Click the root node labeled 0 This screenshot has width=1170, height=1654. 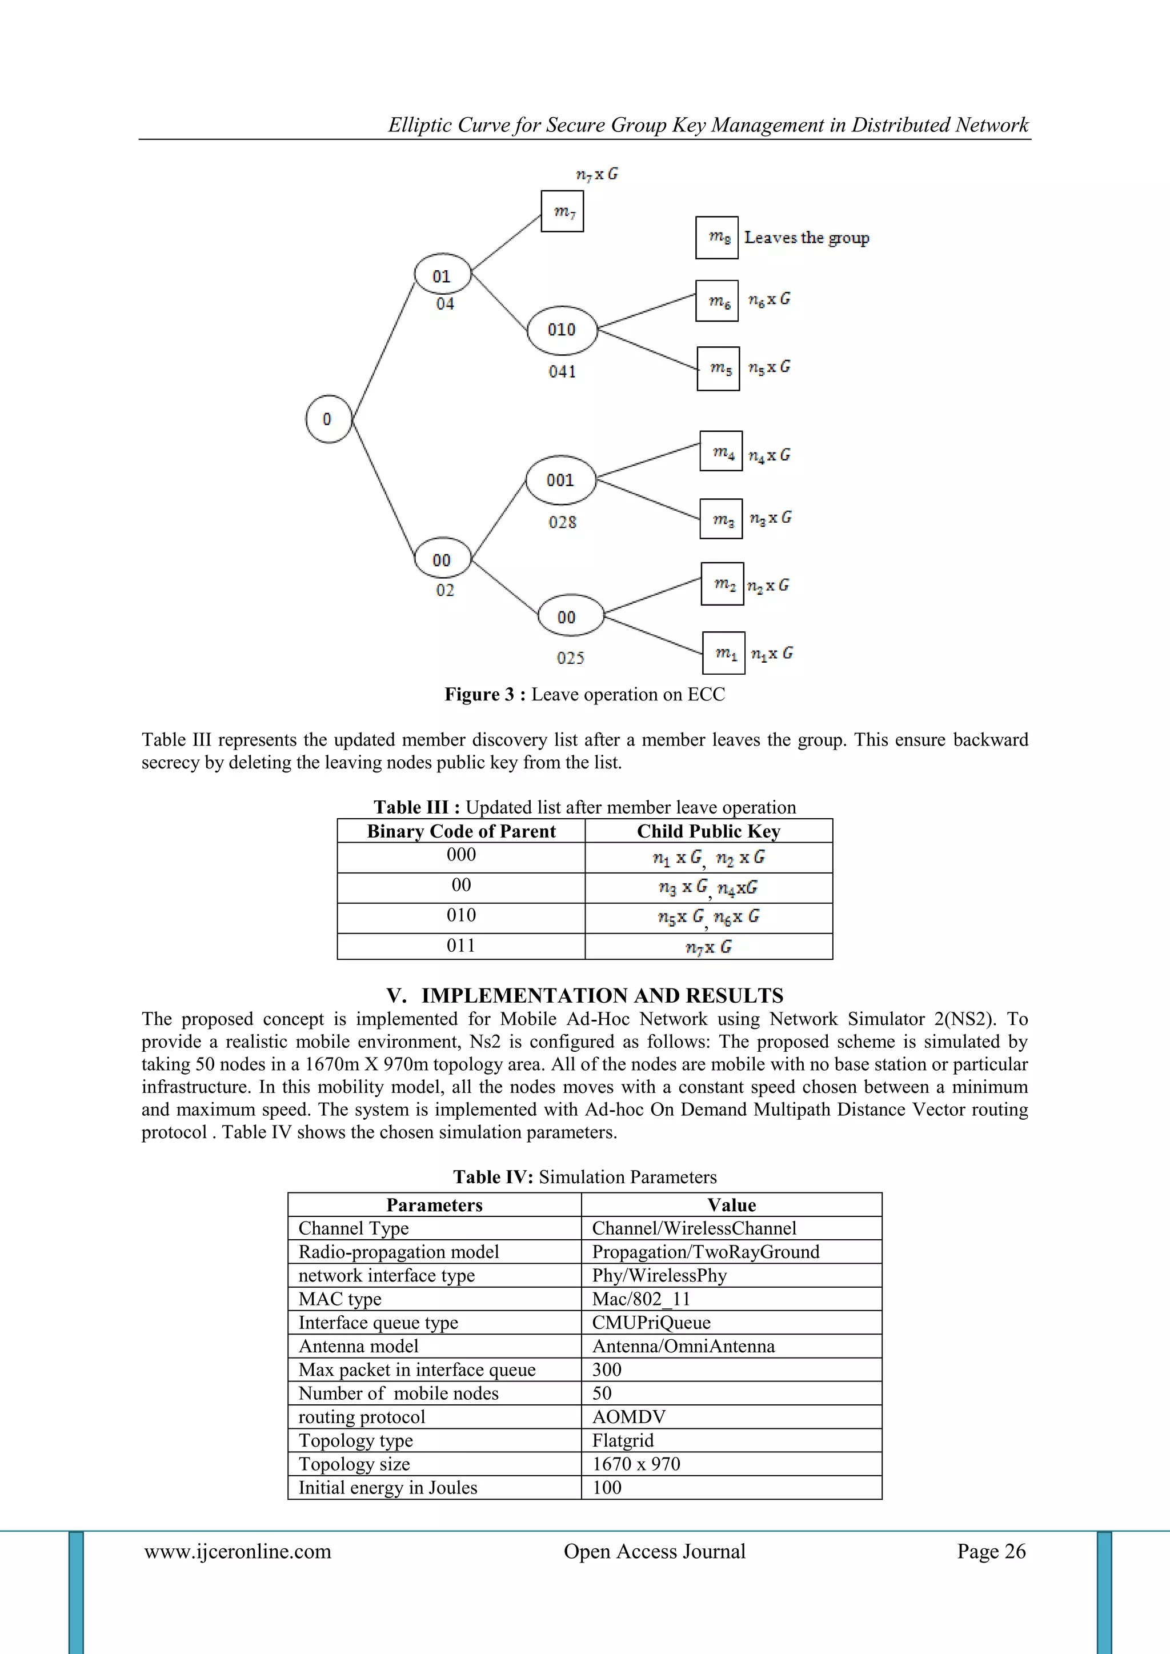[x=328, y=419]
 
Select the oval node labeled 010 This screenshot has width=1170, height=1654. [x=562, y=330]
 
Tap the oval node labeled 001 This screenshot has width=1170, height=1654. [x=560, y=480]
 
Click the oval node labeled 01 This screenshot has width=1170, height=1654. [x=442, y=275]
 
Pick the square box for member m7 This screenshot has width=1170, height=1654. [x=563, y=211]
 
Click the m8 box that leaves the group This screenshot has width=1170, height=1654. [x=717, y=237]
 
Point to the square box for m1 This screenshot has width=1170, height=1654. [x=724, y=652]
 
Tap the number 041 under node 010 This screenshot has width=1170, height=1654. [x=562, y=372]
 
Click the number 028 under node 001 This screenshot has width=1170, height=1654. [x=562, y=522]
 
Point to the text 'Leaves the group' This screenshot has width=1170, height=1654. [x=806, y=238]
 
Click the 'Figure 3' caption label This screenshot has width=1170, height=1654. [x=486, y=694]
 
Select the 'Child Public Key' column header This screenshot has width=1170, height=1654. [x=708, y=831]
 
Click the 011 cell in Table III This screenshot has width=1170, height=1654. [x=461, y=946]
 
